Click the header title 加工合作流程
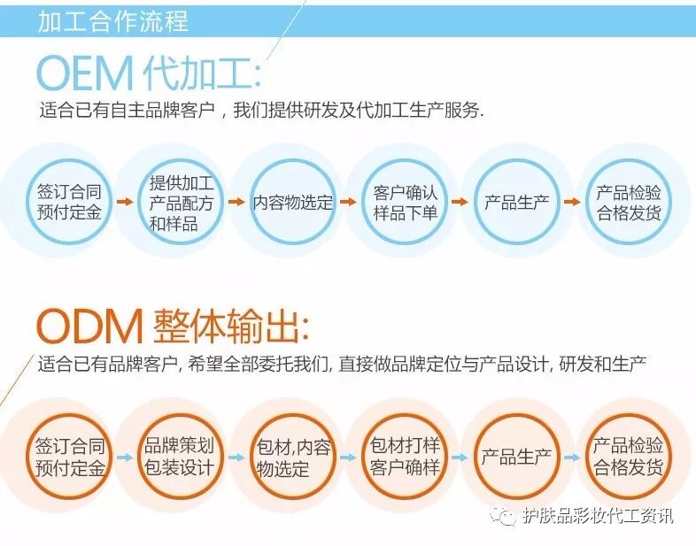click(112, 21)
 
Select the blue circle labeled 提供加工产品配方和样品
click(181, 203)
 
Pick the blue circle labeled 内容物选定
click(293, 203)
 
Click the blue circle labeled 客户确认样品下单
click(406, 203)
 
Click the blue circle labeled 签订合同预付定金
click(69, 203)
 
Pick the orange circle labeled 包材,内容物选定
click(293, 457)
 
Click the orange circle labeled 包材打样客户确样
click(406, 457)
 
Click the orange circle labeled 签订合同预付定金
click(69, 457)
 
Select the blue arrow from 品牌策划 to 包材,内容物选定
click(236, 458)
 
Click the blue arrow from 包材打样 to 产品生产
click(460, 458)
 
